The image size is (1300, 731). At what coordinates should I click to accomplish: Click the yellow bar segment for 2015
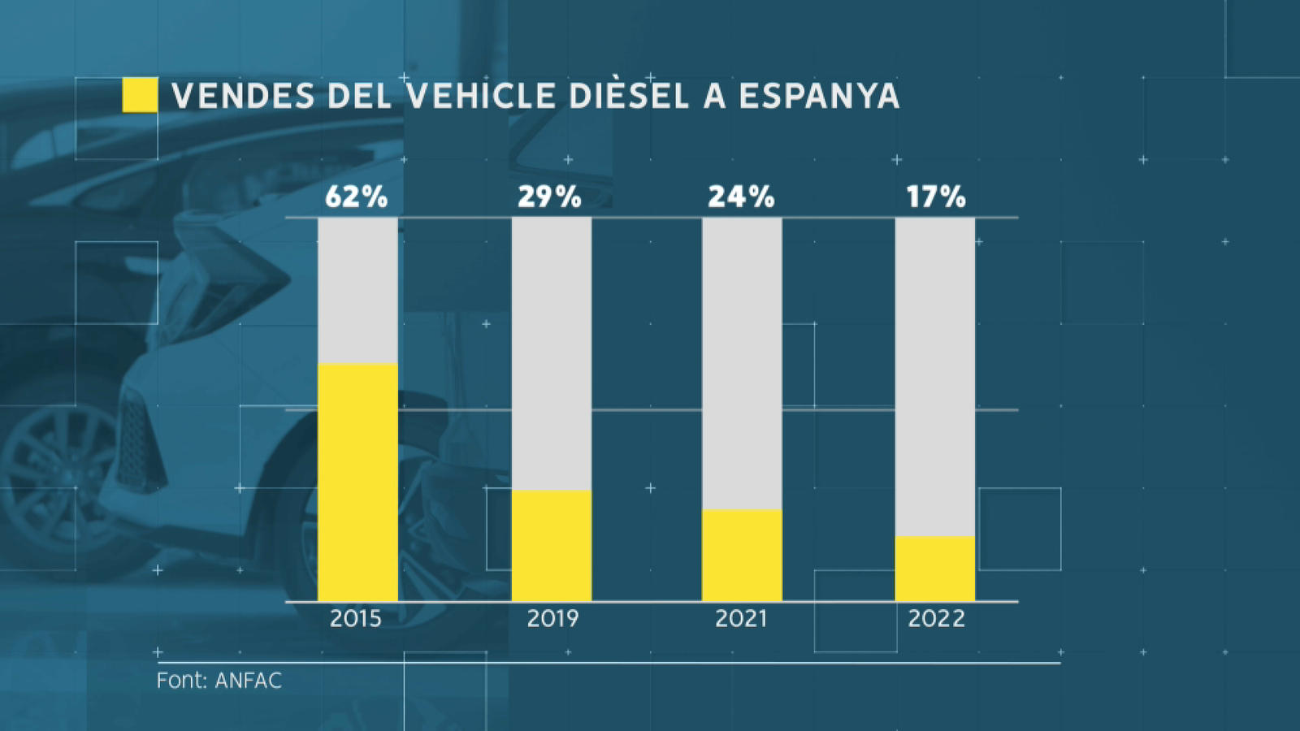click(x=357, y=482)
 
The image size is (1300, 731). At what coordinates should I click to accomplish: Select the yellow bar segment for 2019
click(x=552, y=546)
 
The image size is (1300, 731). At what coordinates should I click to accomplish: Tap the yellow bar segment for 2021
click(x=742, y=556)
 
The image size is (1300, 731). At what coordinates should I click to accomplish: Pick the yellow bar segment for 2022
click(x=935, y=569)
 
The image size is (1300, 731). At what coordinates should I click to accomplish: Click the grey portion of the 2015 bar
click(x=357, y=291)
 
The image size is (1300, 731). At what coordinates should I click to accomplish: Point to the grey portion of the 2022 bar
click(x=935, y=377)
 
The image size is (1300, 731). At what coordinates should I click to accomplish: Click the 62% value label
click(x=356, y=197)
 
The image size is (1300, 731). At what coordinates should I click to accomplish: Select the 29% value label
click(x=549, y=197)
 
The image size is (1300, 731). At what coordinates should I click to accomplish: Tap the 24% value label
click(x=741, y=197)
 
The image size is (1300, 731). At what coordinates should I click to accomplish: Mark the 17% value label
click(x=936, y=197)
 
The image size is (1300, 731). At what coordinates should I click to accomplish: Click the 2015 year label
click(x=356, y=619)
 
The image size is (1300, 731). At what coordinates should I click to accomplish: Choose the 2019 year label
click(x=552, y=619)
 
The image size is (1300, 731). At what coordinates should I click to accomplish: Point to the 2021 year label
click(x=741, y=619)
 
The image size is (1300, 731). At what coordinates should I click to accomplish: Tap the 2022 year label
click(x=936, y=619)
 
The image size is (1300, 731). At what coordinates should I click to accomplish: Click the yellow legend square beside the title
click(x=140, y=95)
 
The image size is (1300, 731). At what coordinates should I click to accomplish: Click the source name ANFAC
click(x=249, y=681)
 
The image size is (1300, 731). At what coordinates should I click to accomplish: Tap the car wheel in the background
click(x=61, y=479)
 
